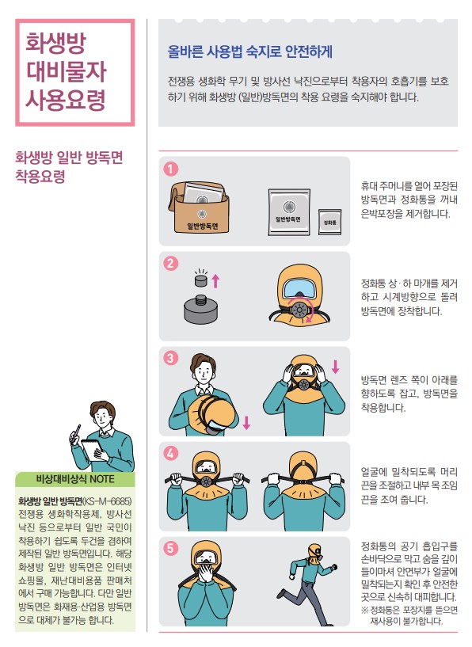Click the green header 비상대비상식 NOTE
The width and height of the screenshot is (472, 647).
(x=75, y=480)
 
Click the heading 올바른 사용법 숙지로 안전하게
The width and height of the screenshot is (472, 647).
(x=249, y=51)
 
